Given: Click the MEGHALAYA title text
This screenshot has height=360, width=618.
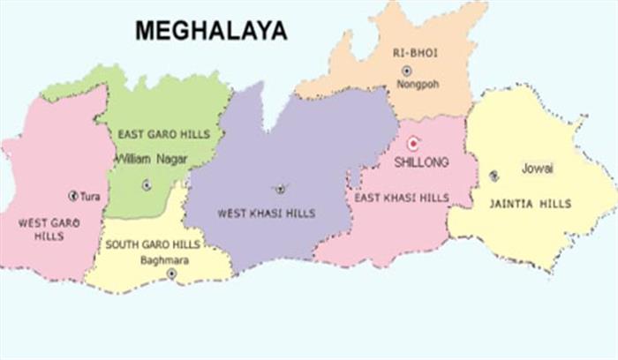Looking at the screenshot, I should pyautogui.click(x=211, y=31).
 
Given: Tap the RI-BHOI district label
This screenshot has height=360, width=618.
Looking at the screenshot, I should pyautogui.click(x=416, y=53).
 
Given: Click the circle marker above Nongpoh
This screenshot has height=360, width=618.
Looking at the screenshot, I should pyautogui.click(x=406, y=71).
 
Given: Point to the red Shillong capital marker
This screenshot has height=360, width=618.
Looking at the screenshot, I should pyautogui.click(x=412, y=143).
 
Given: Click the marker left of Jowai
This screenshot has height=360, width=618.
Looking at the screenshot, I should pyautogui.click(x=494, y=176).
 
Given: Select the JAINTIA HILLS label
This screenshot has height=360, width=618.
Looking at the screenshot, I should pyautogui.click(x=531, y=203).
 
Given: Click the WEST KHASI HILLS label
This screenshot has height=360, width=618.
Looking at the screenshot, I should pyautogui.click(x=266, y=213).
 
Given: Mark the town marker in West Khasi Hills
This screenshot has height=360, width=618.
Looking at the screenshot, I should pyautogui.click(x=281, y=188).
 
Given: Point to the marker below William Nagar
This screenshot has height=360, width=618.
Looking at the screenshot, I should pyautogui.click(x=146, y=184).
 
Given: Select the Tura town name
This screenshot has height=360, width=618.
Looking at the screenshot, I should pyautogui.click(x=91, y=196).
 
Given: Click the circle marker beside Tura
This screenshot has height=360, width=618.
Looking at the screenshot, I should pyautogui.click(x=73, y=195).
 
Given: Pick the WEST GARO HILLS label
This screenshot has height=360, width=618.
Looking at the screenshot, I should pyautogui.click(x=49, y=230).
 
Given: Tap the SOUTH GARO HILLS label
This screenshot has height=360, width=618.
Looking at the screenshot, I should pyautogui.click(x=146, y=244).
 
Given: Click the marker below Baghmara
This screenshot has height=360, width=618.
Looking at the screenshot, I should pyautogui.click(x=171, y=274).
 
